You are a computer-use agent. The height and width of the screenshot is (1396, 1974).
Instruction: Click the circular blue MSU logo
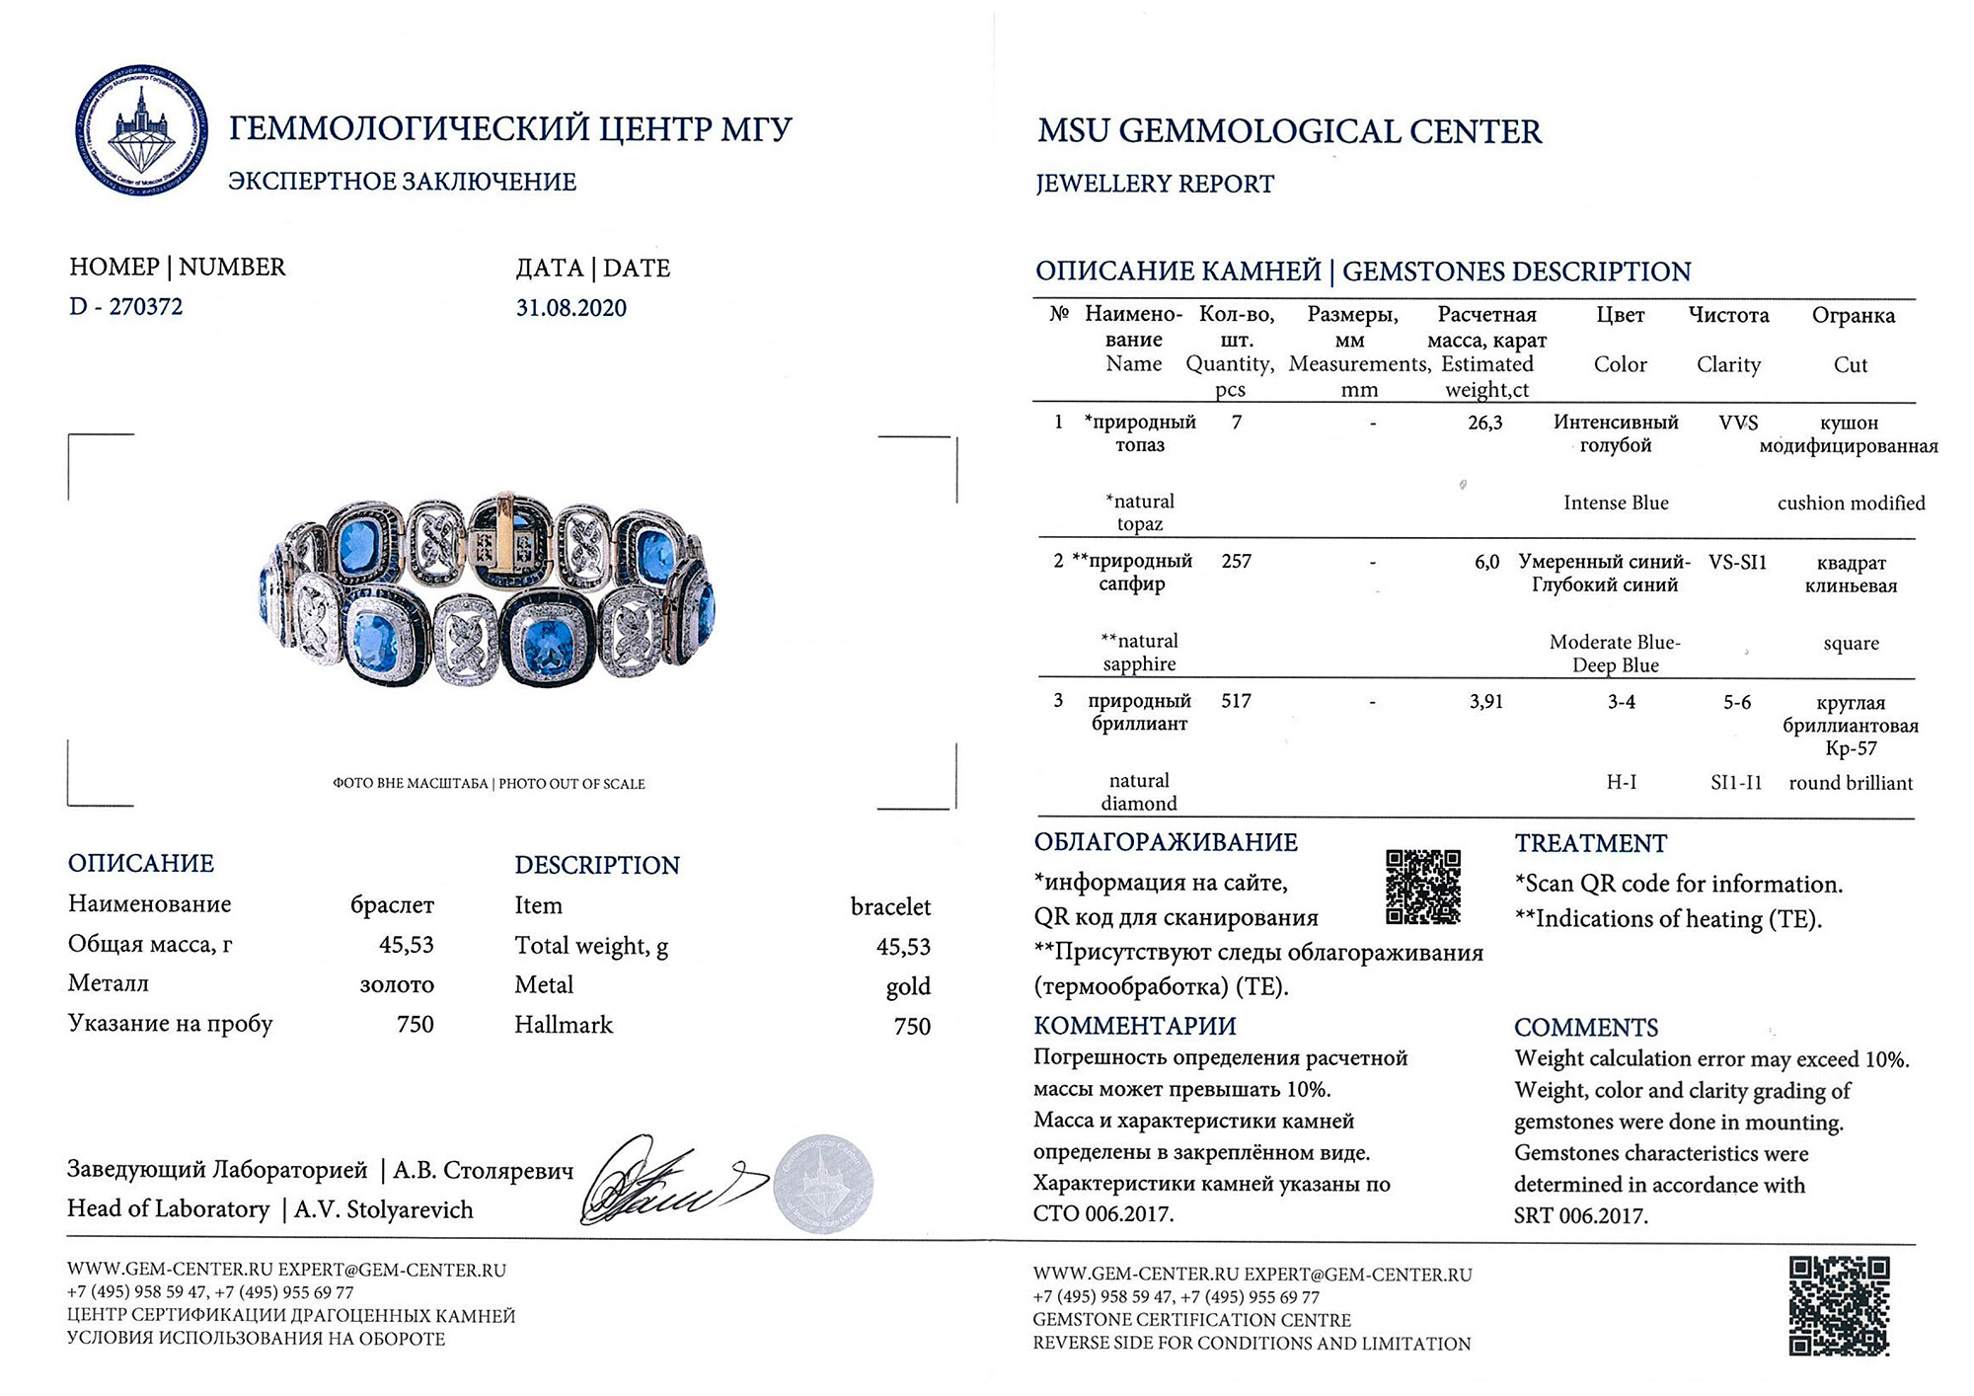click(x=141, y=130)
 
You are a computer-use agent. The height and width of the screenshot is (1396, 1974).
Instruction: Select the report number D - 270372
click(x=125, y=307)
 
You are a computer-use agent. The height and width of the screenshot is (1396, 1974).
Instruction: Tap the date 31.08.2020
click(x=570, y=308)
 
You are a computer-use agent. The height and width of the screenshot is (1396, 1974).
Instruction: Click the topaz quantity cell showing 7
click(x=1237, y=423)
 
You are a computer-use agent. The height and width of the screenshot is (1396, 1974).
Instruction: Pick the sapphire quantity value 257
click(x=1236, y=562)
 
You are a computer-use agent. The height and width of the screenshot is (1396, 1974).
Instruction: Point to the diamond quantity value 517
click(x=1236, y=701)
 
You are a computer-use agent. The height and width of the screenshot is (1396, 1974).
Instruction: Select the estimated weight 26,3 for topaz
click(x=1484, y=423)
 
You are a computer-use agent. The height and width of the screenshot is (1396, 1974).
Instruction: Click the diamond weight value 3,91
click(x=1485, y=702)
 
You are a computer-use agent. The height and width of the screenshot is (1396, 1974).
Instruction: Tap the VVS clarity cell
click(x=1738, y=423)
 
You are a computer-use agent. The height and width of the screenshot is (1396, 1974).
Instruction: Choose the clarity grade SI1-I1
click(x=1736, y=783)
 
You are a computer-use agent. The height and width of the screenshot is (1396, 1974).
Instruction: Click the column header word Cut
click(x=1851, y=365)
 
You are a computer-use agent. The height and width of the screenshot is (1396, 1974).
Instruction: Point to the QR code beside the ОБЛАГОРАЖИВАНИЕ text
click(x=1422, y=887)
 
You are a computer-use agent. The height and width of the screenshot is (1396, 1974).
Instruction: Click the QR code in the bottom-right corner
click(x=1839, y=1305)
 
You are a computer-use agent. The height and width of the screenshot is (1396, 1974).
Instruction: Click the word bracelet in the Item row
click(x=890, y=906)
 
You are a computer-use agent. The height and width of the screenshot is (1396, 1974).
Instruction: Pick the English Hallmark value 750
click(x=912, y=1026)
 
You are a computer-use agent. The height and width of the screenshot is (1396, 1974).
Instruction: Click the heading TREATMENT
click(x=1590, y=844)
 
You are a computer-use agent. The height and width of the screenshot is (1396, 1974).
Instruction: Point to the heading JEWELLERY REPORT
click(x=1155, y=185)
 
